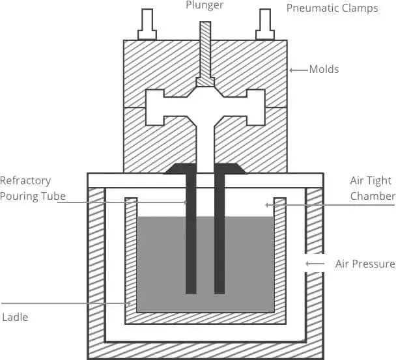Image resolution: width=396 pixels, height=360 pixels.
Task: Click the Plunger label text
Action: pyautogui.click(x=205, y=6)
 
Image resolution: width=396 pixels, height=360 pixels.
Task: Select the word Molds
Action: pyautogui.click(x=324, y=69)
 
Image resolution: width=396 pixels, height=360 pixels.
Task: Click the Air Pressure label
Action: pyautogui.click(x=365, y=264)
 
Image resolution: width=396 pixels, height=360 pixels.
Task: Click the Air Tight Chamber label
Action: pyautogui.click(x=373, y=188)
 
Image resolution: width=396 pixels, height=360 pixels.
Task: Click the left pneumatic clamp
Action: pyautogui.click(x=147, y=25)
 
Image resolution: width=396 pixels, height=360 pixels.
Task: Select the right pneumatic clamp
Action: pyautogui.click(x=264, y=25)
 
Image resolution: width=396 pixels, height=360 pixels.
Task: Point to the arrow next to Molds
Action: pyautogui.click(x=298, y=69)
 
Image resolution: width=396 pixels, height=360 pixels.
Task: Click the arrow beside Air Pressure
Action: pyautogui.click(x=315, y=264)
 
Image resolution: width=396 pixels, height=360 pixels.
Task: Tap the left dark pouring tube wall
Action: pyautogui.click(x=191, y=234)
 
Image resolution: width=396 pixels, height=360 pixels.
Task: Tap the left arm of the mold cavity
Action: pyautogui.click(x=156, y=107)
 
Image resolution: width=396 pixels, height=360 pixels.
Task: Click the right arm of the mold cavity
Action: pyautogui.click(x=254, y=107)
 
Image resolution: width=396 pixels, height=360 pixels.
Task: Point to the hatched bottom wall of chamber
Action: pyautogui.click(x=205, y=350)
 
